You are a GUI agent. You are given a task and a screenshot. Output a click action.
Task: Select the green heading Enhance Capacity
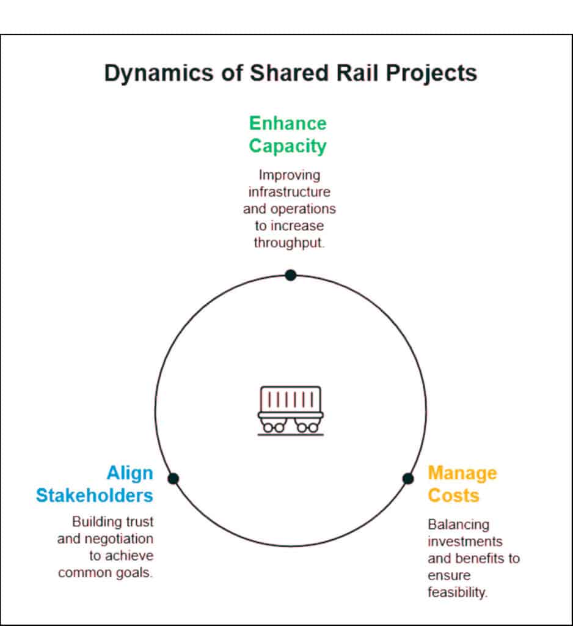pyautogui.click(x=288, y=134)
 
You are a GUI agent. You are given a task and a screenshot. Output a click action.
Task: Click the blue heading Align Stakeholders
pyautogui.click(x=95, y=484)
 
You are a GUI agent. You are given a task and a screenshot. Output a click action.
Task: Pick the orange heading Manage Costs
pyautogui.click(x=462, y=484)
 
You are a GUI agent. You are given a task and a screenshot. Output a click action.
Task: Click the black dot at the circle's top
pyautogui.click(x=291, y=275)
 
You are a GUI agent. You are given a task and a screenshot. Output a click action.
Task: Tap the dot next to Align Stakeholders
pyautogui.click(x=173, y=478)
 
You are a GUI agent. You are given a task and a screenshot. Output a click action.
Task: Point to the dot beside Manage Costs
pyautogui.click(x=408, y=478)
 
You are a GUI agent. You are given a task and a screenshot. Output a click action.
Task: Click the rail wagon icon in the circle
pyautogui.click(x=291, y=410)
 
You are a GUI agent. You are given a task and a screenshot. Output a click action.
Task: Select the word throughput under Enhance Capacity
pyautogui.click(x=289, y=243)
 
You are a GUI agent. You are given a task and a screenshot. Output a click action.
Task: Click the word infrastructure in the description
pyautogui.click(x=289, y=191)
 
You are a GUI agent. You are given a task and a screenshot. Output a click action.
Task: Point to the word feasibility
pyautogui.click(x=458, y=592)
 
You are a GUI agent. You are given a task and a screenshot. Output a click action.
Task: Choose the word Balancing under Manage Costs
pyautogui.click(x=450, y=525)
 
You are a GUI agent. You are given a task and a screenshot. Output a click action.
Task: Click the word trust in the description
pyautogui.click(x=139, y=522)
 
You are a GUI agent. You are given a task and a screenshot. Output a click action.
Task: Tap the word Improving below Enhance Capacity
pyautogui.click(x=289, y=175)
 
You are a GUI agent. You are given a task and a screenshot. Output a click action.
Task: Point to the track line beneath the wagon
pyautogui.click(x=291, y=435)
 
